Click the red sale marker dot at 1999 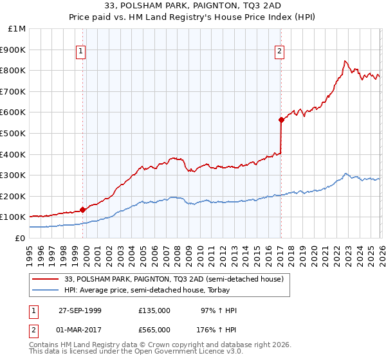pyautogui.click(x=83, y=210)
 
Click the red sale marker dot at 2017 pyautogui.click(x=281, y=120)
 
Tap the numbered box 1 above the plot pyautogui.click(x=82, y=53)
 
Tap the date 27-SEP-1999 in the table pyautogui.click(x=80, y=310)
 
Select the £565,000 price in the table pyautogui.click(x=154, y=330)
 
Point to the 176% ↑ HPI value pyautogui.click(x=217, y=330)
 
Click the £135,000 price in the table pyautogui.click(x=154, y=310)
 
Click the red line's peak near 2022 pyautogui.click(x=345, y=61)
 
